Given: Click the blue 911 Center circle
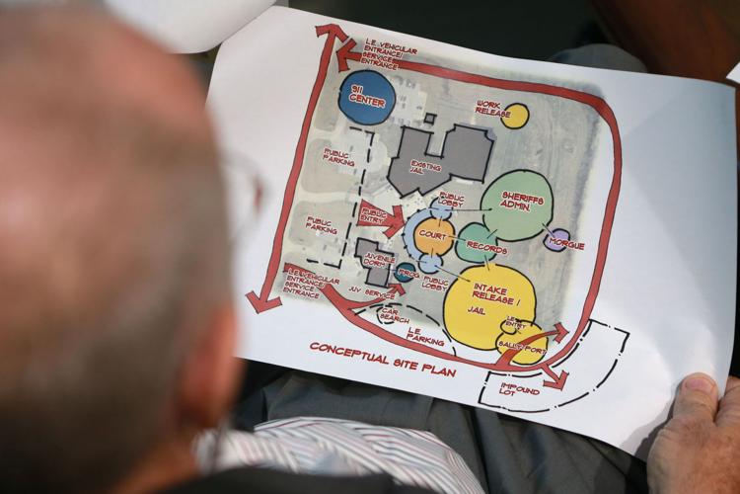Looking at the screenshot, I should tap(366, 97).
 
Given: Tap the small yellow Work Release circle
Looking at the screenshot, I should tap(514, 116).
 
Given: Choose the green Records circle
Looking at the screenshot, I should tap(477, 243).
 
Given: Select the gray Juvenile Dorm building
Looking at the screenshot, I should tap(372, 260).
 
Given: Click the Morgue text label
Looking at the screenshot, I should tap(569, 245).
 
